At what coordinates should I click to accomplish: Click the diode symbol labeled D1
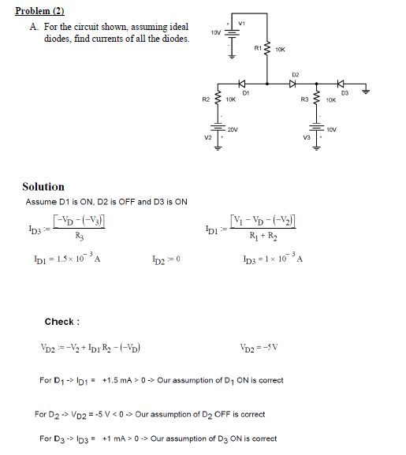(243, 84)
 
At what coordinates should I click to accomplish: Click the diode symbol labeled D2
(293, 84)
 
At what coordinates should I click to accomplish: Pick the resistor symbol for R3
(316, 100)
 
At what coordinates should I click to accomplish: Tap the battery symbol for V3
(316, 129)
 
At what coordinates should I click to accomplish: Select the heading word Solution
(43, 187)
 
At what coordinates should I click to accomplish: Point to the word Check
(61, 322)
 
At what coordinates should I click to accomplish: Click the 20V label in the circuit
(233, 128)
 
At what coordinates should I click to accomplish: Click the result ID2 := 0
(167, 259)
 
